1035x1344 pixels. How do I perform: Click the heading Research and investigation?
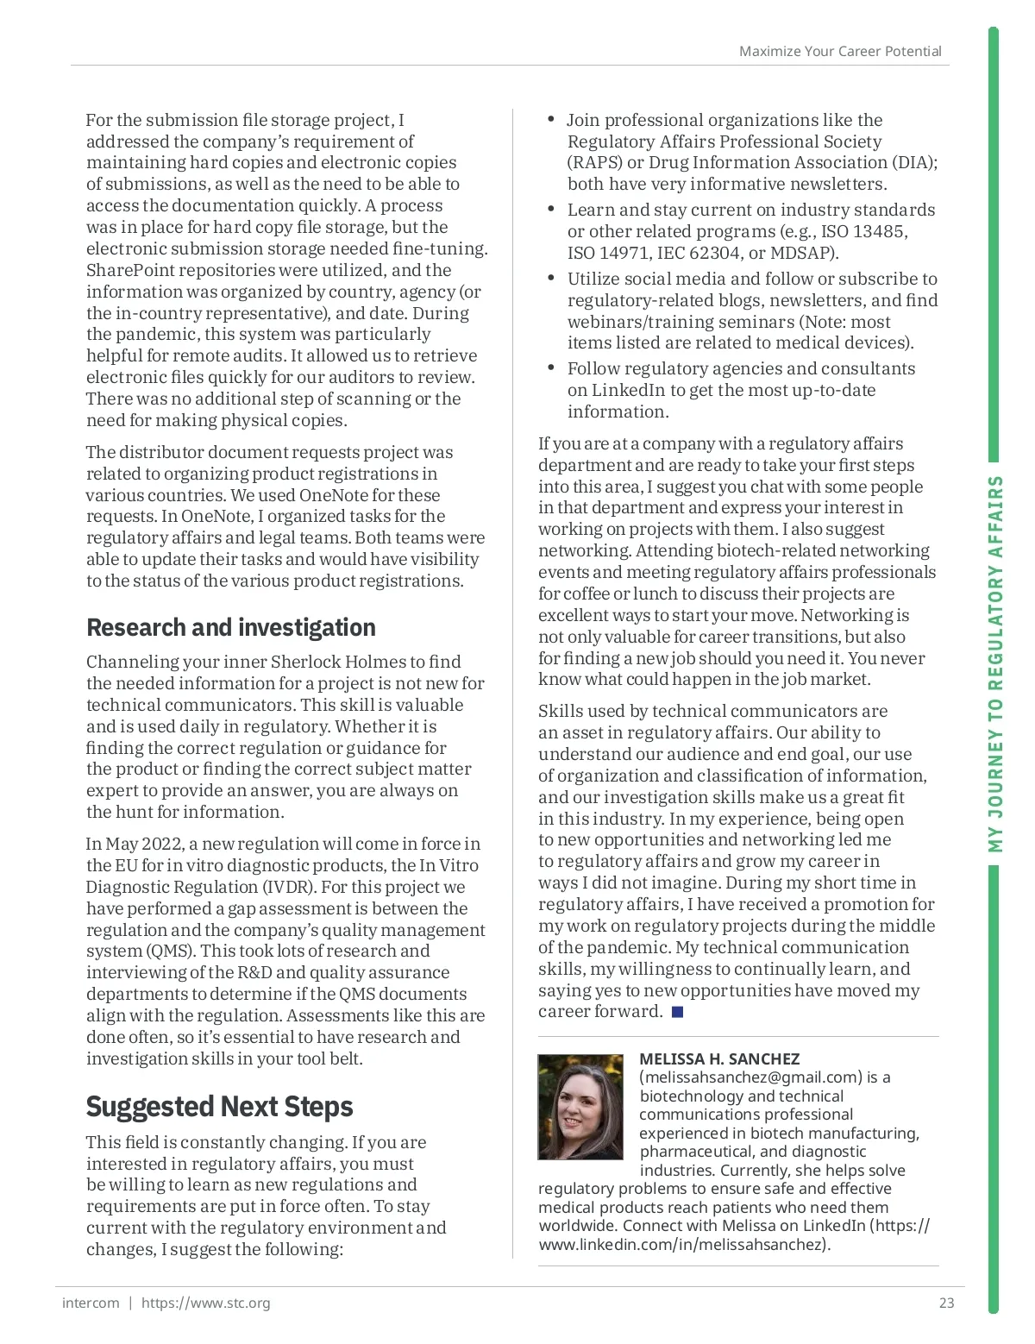[x=230, y=627]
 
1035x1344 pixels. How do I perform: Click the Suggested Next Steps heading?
[x=219, y=1106]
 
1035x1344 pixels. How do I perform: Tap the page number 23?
[x=946, y=1303]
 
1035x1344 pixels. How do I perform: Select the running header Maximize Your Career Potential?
[x=839, y=52]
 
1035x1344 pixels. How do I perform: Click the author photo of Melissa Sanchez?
[x=580, y=1107]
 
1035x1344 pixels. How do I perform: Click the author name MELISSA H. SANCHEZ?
[x=719, y=1058]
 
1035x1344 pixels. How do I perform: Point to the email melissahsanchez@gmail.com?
[x=750, y=1077]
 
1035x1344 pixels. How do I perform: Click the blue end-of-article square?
[x=677, y=1012]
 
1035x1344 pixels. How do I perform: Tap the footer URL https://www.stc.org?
[x=205, y=1303]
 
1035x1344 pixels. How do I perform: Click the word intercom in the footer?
[x=91, y=1303]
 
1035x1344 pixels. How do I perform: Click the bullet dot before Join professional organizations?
[x=551, y=120]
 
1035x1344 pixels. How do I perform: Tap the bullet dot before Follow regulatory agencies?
[x=551, y=368]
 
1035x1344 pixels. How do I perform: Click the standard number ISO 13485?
[x=864, y=231]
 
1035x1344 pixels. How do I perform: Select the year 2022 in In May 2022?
[x=161, y=844]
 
